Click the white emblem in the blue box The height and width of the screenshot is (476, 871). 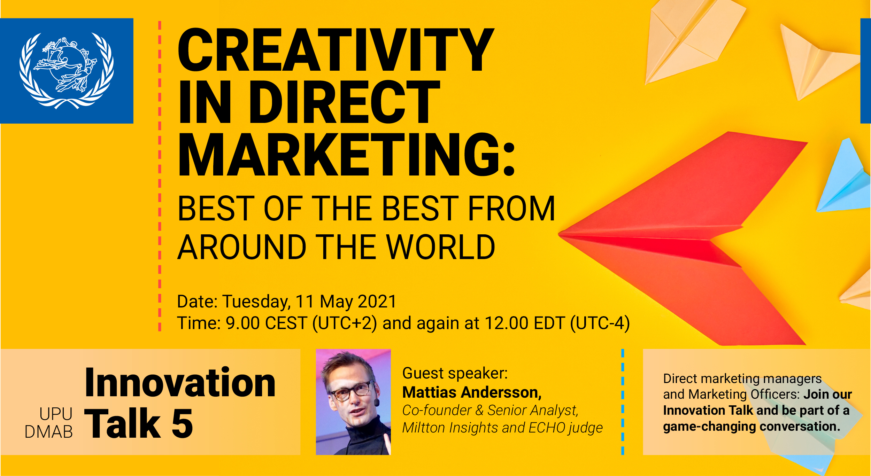[x=66, y=71]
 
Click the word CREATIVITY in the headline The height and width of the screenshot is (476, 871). [x=336, y=50]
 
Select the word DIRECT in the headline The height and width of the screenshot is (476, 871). [x=345, y=102]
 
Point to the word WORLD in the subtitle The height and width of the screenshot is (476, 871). [x=440, y=247]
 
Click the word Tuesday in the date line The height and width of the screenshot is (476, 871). [x=256, y=302]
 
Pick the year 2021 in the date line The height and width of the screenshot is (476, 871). [x=377, y=302]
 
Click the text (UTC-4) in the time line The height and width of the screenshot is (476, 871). [x=600, y=323]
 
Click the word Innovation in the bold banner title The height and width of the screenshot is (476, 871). [x=180, y=383]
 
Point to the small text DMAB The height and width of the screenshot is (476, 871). [x=49, y=432]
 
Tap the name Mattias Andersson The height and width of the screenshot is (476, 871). [x=472, y=393]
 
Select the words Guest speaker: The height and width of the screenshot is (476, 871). [x=455, y=374]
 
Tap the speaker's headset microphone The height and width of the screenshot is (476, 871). [x=376, y=403]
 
